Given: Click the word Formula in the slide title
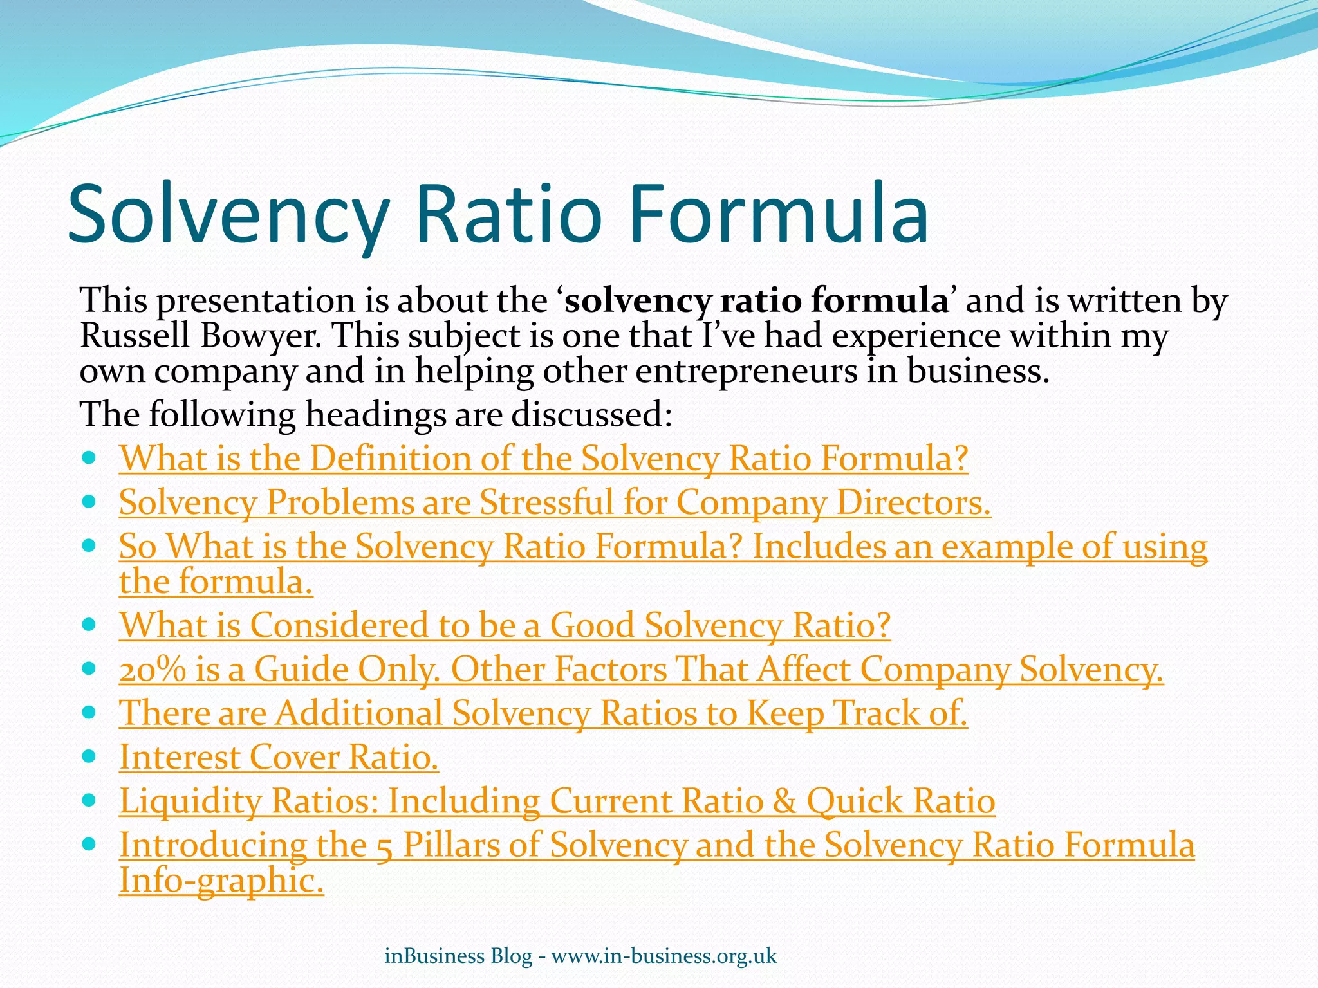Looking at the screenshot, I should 779,214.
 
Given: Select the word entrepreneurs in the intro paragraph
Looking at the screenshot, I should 747,371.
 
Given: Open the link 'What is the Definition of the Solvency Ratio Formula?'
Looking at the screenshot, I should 543,459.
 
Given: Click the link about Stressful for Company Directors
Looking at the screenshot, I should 555,502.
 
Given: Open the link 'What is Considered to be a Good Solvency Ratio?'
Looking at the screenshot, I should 505,625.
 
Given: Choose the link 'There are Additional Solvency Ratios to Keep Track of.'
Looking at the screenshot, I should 543,713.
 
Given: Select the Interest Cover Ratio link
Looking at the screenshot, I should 279,757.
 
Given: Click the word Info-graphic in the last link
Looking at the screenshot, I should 221,880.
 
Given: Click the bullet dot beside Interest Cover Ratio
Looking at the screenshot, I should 89,755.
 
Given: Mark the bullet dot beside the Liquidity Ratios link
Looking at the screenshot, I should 89,799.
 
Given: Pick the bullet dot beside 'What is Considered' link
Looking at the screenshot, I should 89,623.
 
